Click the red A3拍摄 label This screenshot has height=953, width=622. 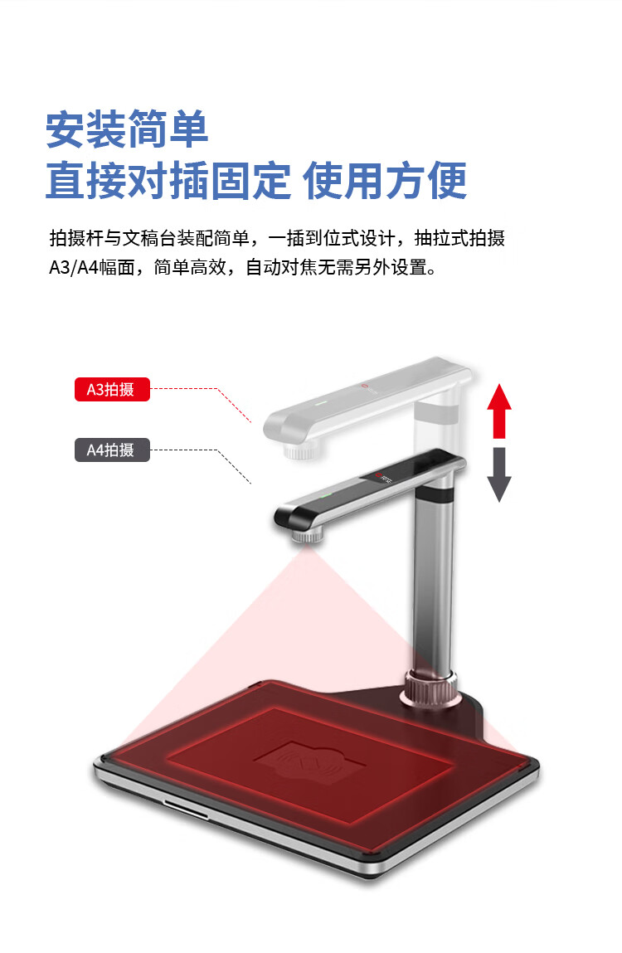tap(112, 390)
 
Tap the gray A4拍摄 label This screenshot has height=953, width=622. tap(112, 450)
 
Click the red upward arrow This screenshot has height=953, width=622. tap(499, 411)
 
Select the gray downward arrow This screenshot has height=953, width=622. tap(499, 474)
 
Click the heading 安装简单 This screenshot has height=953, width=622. tap(127, 129)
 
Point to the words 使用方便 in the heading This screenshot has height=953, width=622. tap(384, 181)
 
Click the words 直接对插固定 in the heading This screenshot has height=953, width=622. tap(168, 181)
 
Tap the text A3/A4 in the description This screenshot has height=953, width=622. tap(74, 267)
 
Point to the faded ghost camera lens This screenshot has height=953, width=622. tap(299, 450)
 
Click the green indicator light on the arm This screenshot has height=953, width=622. tap(326, 494)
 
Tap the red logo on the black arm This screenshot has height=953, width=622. tap(378, 474)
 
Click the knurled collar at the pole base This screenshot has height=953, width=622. tap(430, 688)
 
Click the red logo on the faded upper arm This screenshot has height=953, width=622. tap(365, 386)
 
